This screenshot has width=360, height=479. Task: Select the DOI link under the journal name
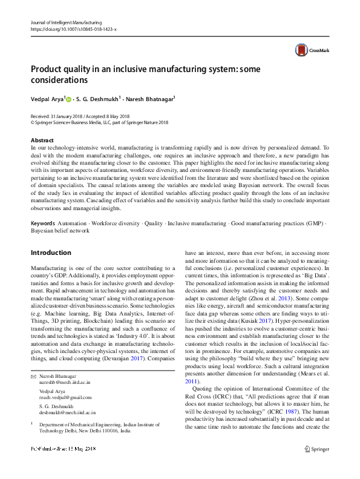tap(73, 28)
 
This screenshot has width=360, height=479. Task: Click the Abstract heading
tap(42, 140)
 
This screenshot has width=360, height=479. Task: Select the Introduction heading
tap(51, 253)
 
